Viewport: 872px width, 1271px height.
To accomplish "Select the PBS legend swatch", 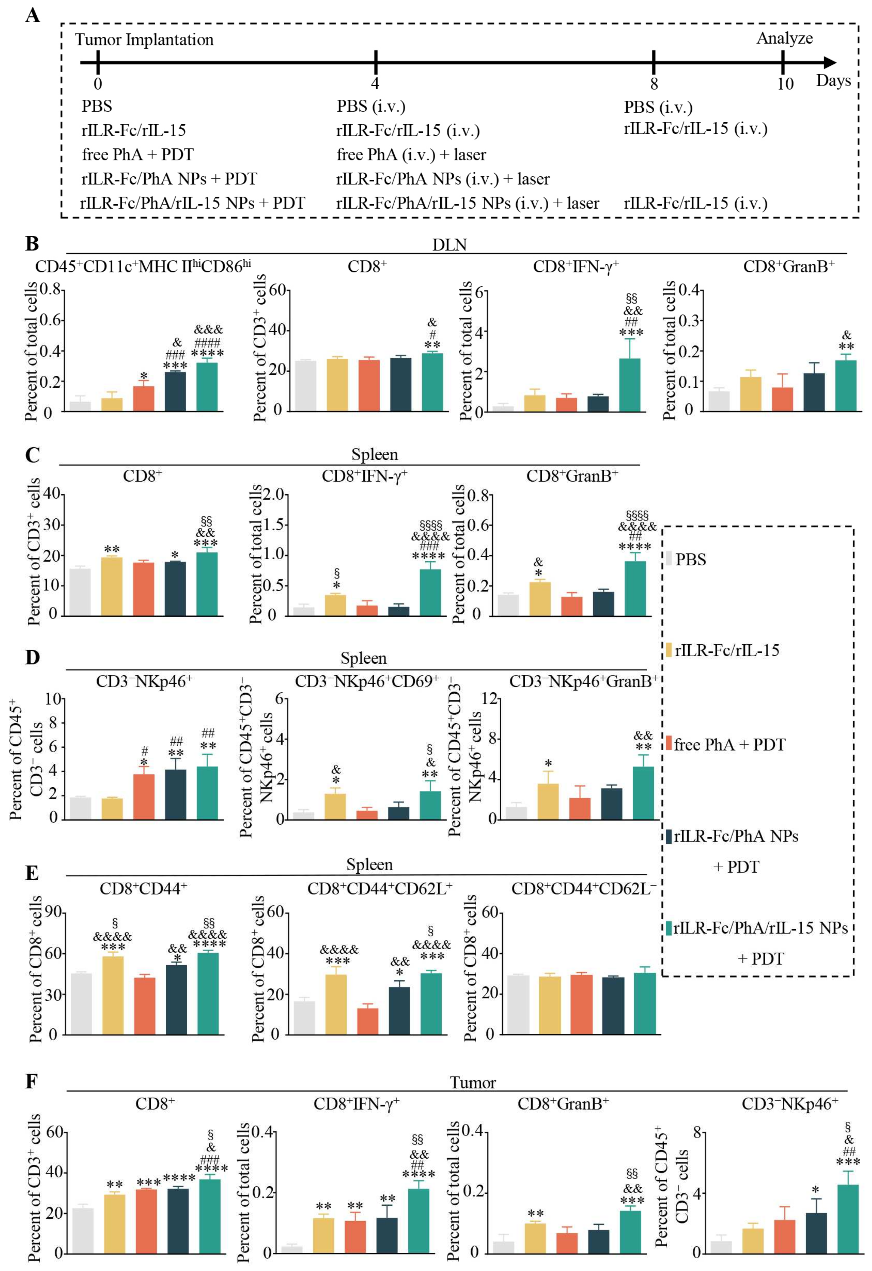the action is pyautogui.click(x=669, y=559).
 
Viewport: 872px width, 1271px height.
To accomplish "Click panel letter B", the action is pyautogui.click(x=32, y=244).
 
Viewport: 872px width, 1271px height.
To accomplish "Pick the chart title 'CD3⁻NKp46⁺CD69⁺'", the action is pyautogui.click(x=367, y=681).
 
